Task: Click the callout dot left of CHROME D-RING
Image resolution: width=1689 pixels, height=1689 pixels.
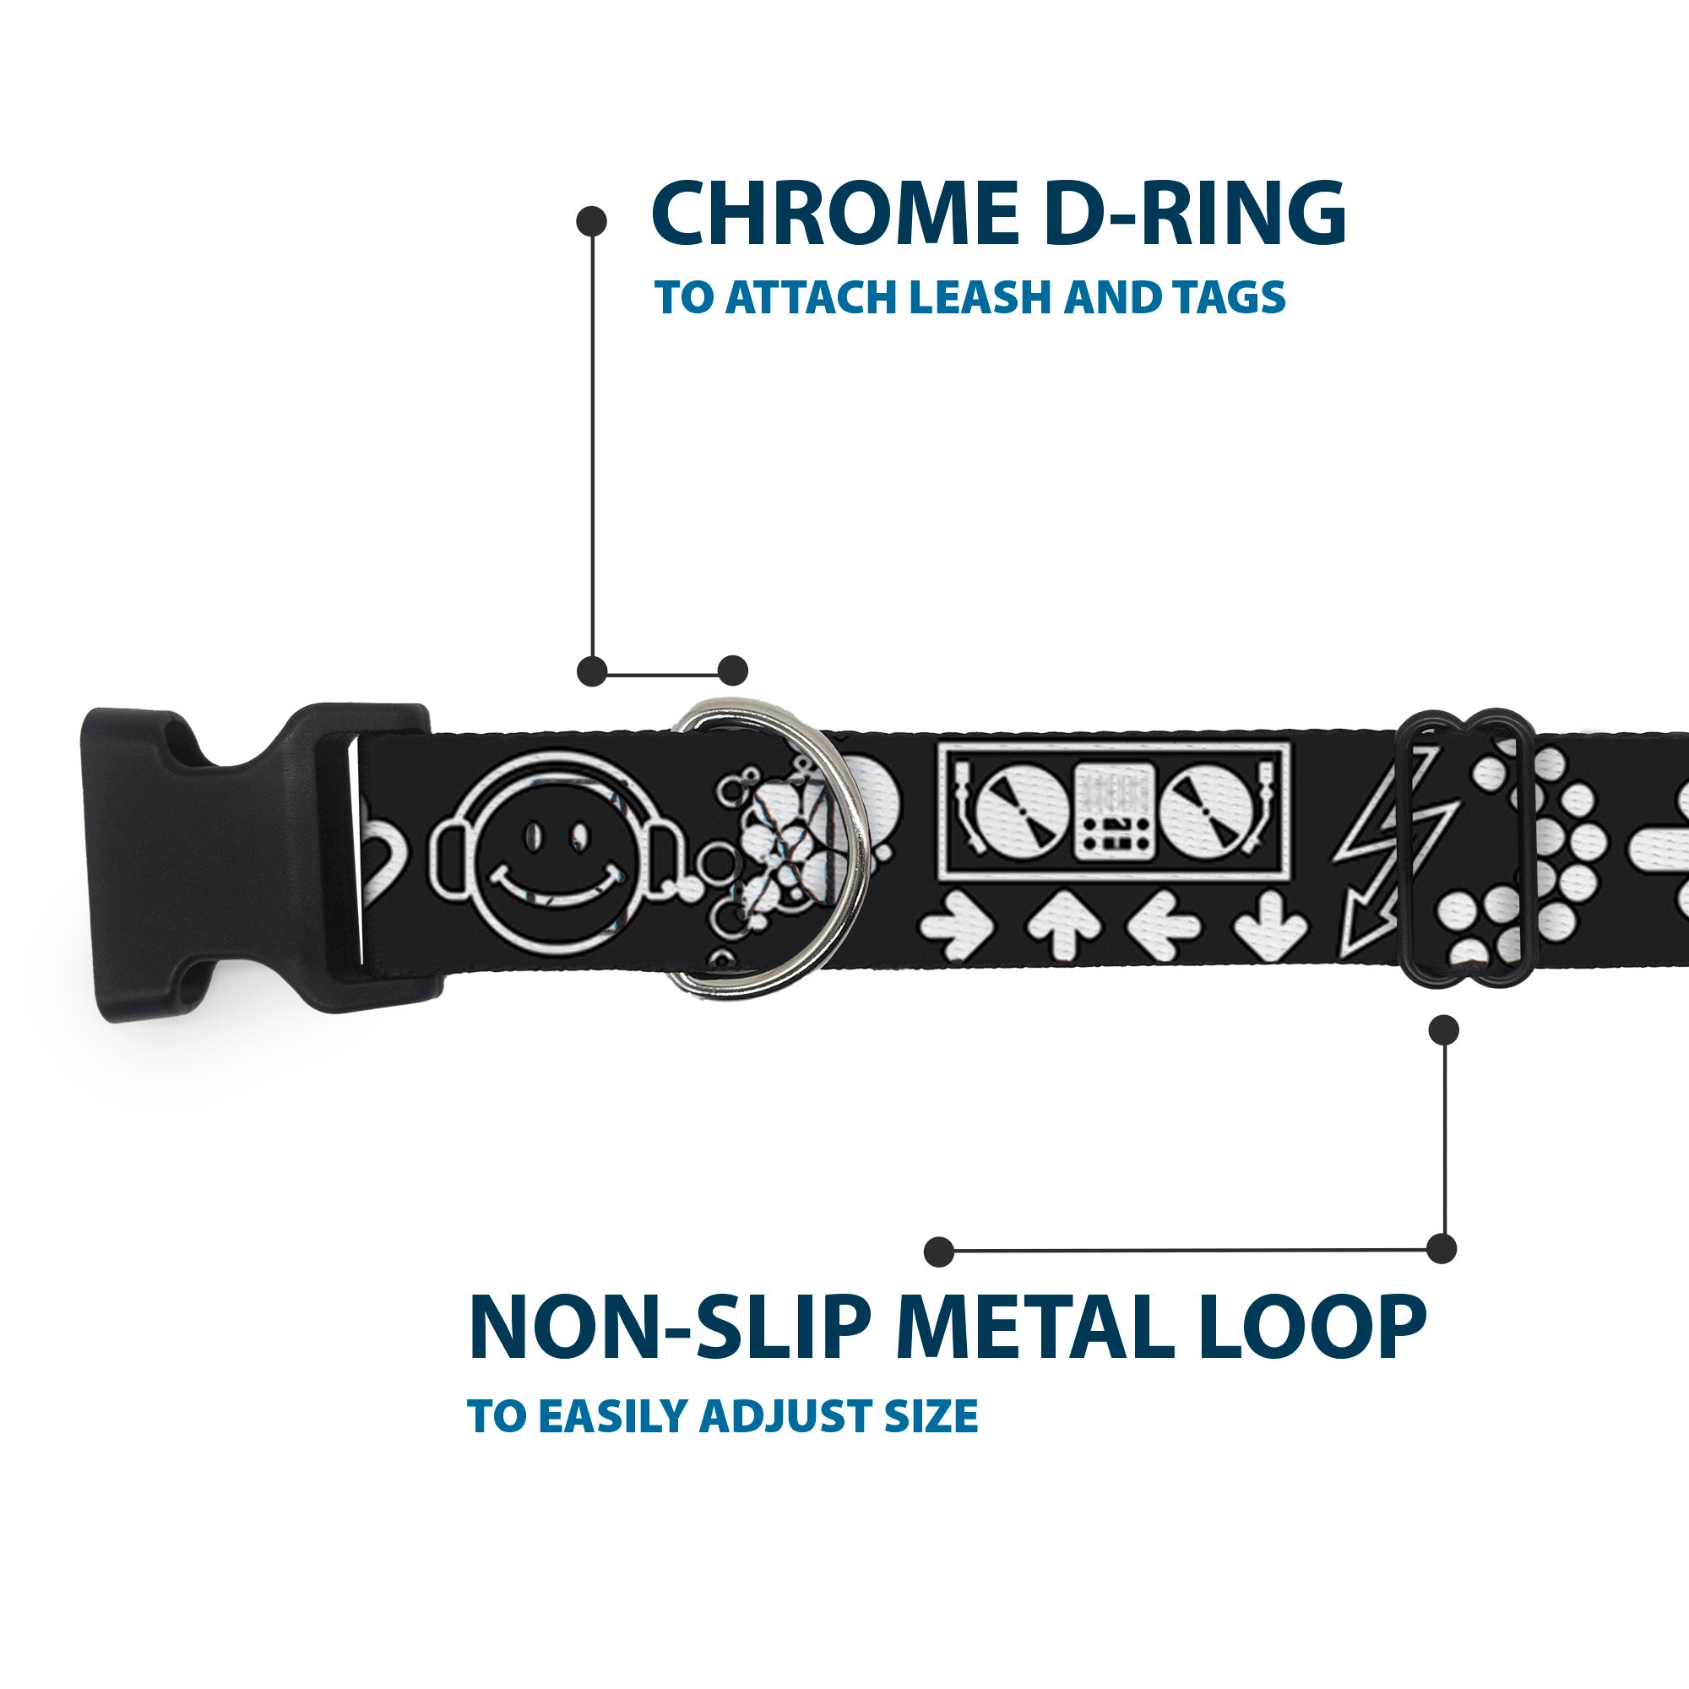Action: (x=592, y=221)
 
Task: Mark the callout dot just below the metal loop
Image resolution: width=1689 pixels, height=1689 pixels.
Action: (x=1443, y=1029)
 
